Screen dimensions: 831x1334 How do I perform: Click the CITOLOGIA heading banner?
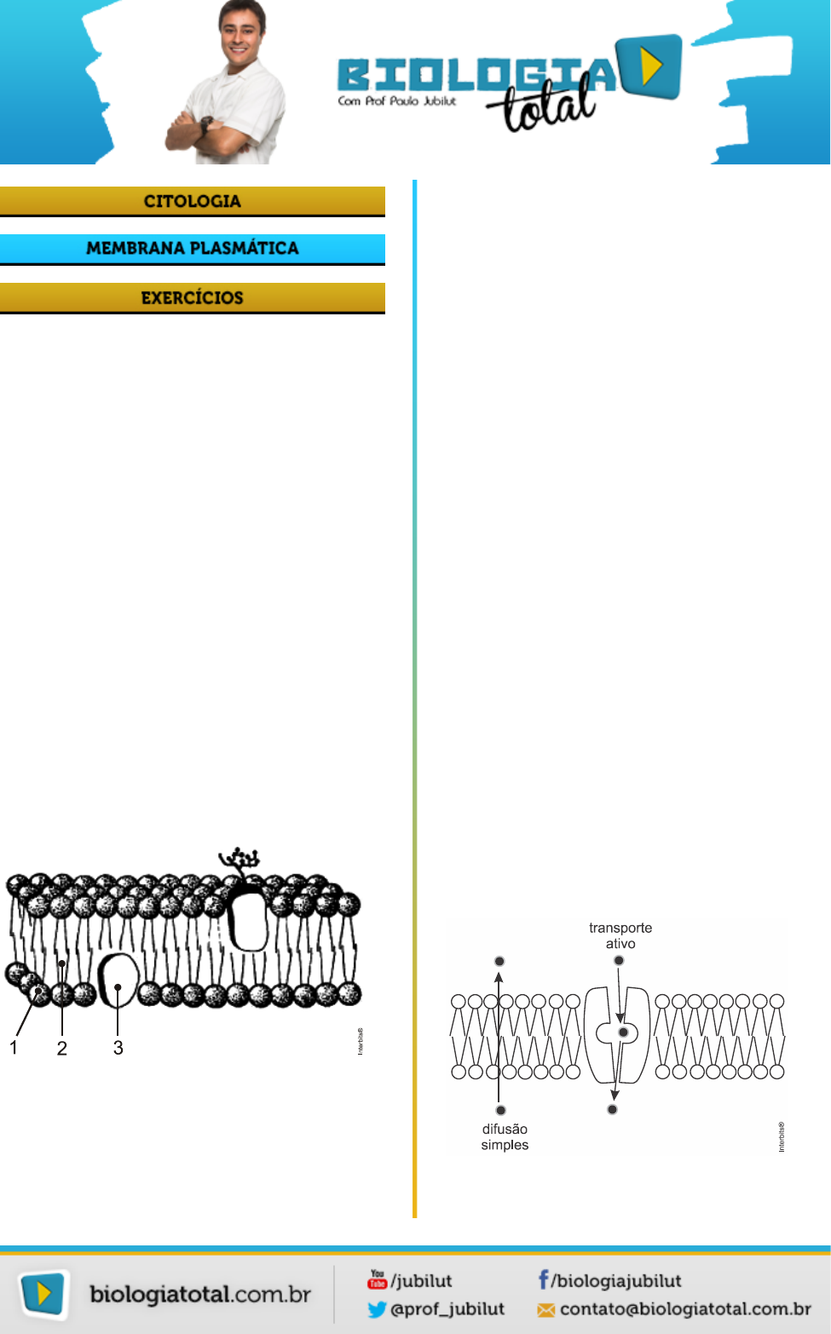point(193,201)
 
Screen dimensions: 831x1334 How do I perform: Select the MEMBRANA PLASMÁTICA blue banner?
point(193,249)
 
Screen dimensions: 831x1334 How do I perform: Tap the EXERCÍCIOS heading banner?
point(193,298)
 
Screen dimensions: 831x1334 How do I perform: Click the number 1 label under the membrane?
point(14,1048)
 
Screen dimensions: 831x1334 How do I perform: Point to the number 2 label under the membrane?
point(62,1049)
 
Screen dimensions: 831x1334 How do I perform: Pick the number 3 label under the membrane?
point(118,1048)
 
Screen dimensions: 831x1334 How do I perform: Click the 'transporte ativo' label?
point(620,935)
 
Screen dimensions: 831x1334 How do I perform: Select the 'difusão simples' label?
point(505,1137)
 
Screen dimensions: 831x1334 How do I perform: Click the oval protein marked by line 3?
point(118,980)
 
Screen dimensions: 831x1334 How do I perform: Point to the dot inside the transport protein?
point(623,1032)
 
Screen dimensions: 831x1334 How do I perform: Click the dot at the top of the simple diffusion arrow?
point(499,961)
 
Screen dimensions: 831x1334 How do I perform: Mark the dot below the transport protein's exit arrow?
point(612,1109)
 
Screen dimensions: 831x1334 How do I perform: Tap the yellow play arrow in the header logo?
point(651,66)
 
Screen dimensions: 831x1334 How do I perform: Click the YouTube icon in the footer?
point(377,1279)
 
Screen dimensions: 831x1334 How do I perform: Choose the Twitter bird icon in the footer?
point(377,1309)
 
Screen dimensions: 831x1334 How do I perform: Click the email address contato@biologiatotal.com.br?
point(685,1309)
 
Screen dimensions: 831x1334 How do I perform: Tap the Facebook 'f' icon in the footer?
point(543,1279)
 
